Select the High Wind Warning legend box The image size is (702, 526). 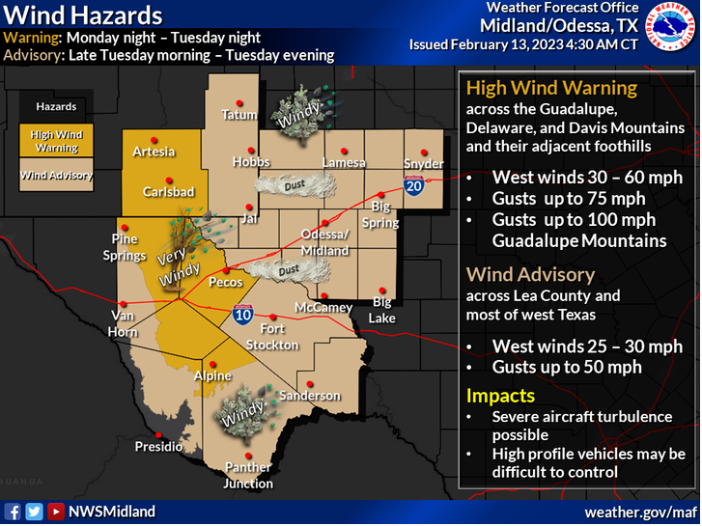pos(57,141)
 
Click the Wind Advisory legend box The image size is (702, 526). pos(57,176)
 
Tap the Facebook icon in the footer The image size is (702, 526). pos(14,512)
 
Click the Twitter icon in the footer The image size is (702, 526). pos(34,512)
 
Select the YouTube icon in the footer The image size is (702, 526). pos(56,512)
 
